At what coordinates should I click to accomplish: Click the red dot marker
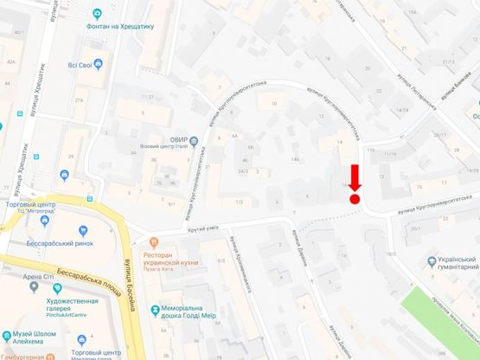[x=355, y=199]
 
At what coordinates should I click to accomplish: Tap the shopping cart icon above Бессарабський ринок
[x=83, y=231]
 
